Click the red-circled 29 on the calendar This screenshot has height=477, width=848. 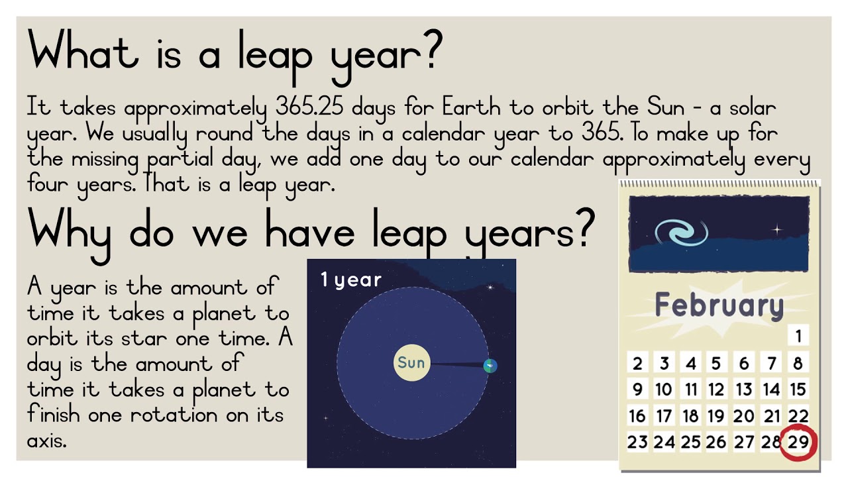click(x=798, y=442)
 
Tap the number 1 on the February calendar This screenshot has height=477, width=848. click(x=798, y=336)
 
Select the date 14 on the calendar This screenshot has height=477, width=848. click(x=771, y=390)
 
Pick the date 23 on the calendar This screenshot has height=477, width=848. click(x=637, y=442)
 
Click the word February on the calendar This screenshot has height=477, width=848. click(x=719, y=305)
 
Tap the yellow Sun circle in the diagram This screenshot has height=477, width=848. click(x=411, y=362)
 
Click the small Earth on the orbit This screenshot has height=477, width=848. click(x=490, y=366)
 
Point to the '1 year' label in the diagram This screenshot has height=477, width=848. click(x=351, y=280)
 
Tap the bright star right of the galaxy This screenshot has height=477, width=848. click(x=777, y=230)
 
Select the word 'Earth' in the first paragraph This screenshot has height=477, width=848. click(x=471, y=107)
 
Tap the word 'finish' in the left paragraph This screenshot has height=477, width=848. click(x=53, y=414)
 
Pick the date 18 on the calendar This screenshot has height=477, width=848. click(x=690, y=416)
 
